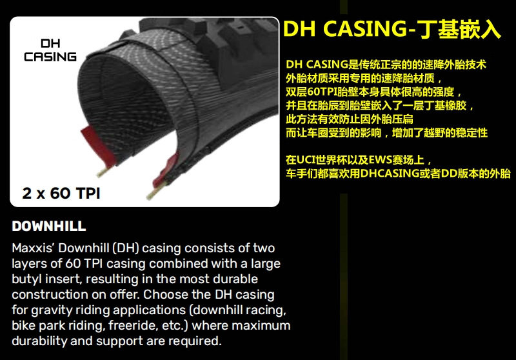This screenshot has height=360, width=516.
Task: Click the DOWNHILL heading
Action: tap(49, 226)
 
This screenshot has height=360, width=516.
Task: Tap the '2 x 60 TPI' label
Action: tap(61, 193)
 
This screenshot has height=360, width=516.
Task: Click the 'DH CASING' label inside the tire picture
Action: tap(50, 50)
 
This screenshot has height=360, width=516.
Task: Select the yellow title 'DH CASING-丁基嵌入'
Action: tap(392, 29)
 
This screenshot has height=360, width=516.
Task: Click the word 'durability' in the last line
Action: tap(39, 341)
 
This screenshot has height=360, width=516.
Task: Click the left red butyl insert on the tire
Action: tap(98, 145)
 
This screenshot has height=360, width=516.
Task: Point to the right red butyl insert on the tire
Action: tap(166, 170)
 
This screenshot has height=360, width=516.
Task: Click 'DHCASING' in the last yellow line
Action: tap(390, 174)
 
